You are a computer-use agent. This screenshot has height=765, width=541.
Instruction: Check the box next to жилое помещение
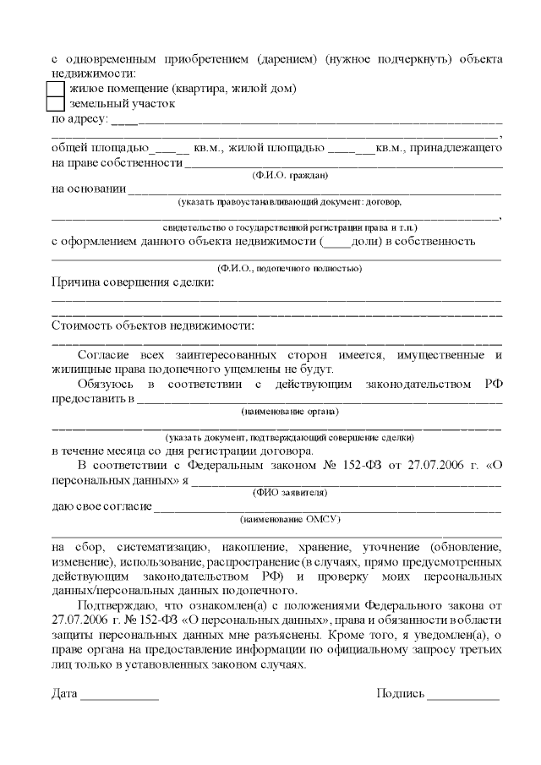(54, 88)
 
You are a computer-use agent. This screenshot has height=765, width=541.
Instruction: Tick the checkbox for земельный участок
(54, 104)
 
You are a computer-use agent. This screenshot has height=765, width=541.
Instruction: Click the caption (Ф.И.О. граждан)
(289, 176)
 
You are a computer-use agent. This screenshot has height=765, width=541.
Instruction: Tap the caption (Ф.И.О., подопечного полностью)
(289, 268)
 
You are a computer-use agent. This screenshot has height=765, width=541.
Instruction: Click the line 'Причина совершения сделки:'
(134, 283)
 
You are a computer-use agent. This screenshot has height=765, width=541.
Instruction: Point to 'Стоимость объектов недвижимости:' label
(153, 325)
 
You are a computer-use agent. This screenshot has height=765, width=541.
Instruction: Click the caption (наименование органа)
(289, 412)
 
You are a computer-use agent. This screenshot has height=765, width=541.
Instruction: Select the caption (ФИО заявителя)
(289, 492)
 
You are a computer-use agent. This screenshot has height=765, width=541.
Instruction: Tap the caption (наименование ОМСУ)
(289, 519)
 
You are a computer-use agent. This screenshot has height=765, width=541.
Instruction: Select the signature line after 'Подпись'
(463, 698)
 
